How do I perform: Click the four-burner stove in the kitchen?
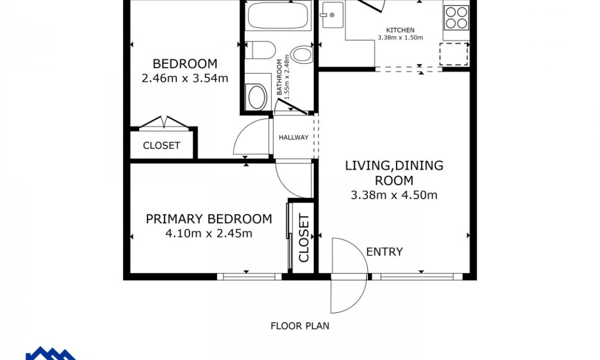(456, 17)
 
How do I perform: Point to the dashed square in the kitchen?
(454, 54)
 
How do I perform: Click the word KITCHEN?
(400, 30)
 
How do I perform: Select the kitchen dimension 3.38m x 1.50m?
(400, 38)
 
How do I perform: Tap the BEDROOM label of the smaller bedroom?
(185, 64)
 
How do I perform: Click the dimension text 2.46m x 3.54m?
(185, 79)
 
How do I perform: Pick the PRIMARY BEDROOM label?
(209, 219)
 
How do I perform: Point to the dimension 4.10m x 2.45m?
(209, 233)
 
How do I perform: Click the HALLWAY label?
(294, 138)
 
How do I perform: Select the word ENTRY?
(384, 252)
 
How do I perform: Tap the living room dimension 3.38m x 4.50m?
(394, 195)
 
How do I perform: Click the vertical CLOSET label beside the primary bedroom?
(304, 238)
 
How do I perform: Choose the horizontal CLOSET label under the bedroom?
(161, 145)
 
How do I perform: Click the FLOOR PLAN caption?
(299, 326)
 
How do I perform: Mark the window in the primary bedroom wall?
(249, 276)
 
